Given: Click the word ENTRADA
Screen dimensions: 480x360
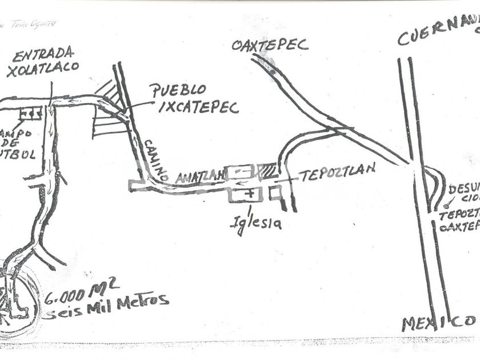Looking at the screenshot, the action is point(43,55).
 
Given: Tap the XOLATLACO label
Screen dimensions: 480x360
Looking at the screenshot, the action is point(42,69).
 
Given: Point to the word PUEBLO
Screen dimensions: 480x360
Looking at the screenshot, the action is point(178,90).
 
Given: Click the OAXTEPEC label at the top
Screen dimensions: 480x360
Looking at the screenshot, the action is point(270,45).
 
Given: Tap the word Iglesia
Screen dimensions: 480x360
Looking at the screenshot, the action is point(255,223).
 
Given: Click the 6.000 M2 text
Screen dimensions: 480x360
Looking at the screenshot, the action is point(74,295).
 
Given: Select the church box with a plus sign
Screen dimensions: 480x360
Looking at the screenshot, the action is point(246,195).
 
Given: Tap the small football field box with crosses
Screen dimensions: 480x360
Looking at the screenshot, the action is point(30,113).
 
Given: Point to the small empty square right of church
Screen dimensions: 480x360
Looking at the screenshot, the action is point(275,194).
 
